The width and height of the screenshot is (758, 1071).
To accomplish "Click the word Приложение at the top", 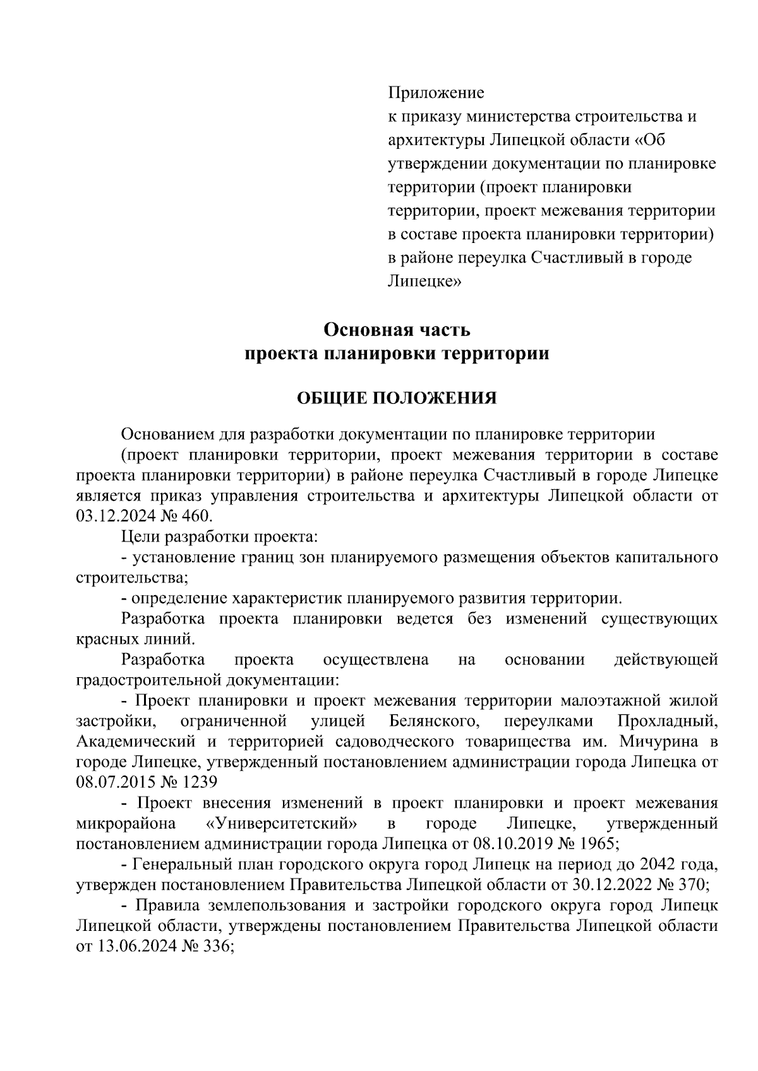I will (x=435, y=93).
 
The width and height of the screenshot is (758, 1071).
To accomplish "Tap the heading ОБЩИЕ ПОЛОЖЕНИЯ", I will (x=397, y=398).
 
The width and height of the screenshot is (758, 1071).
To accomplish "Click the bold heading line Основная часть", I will (x=397, y=329).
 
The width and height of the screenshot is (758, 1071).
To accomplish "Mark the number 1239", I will (x=200, y=782).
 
